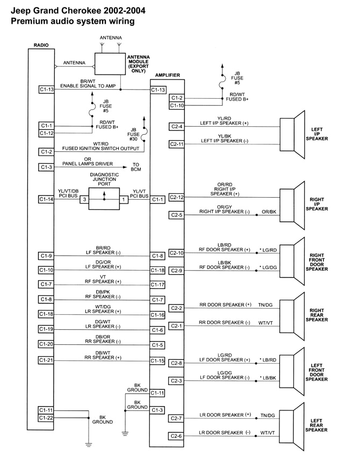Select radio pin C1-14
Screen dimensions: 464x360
[x=46, y=199]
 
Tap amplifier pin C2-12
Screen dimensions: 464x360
[x=177, y=198]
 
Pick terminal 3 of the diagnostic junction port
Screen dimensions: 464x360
[x=83, y=199]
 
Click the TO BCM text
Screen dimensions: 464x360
[x=136, y=168]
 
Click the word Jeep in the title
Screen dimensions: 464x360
[x=21, y=10]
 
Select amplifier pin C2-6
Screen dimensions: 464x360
[x=177, y=436]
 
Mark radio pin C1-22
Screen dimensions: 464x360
[x=46, y=418]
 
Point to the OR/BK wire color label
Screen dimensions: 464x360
[x=268, y=213]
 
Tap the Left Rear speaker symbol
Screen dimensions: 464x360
[x=290, y=425]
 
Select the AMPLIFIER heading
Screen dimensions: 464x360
[x=167, y=75]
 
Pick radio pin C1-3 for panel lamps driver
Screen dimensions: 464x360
[x=46, y=168]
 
